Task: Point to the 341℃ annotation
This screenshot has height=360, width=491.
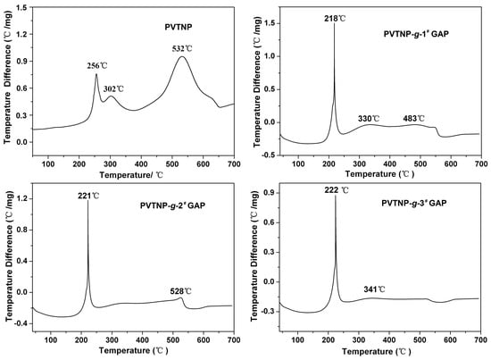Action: point(376,289)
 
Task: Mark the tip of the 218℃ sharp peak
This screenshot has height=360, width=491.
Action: point(335,24)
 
